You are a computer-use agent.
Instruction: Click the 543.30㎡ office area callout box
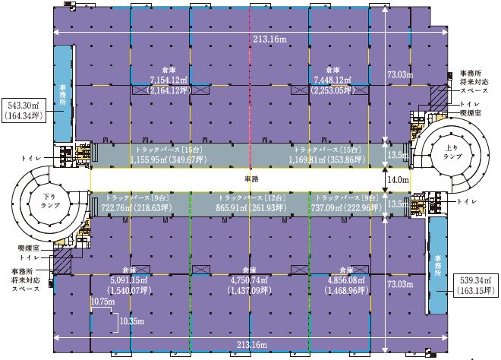pyautogui.click(x=23, y=110)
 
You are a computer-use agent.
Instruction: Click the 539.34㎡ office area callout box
pyautogui.click(x=476, y=286)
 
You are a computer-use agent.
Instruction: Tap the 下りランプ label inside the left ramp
pyautogui.click(x=51, y=201)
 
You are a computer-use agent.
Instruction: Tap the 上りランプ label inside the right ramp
pyautogui.click(x=452, y=152)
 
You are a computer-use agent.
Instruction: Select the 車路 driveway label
pyautogui.click(x=251, y=179)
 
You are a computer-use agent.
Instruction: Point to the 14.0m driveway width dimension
pyautogui.click(x=398, y=180)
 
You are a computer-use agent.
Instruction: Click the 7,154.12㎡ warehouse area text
pyautogui.click(x=169, y=80)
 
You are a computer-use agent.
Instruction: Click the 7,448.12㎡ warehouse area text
pyautogui.click(x=332, y=80)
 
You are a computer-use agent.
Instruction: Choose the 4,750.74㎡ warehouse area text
pyautogui.click(x=249, y=280)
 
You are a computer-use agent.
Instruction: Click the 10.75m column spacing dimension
pyautogui.click(x=103, y=302)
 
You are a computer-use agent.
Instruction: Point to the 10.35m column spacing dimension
pyautogui.click(x=131, y=321)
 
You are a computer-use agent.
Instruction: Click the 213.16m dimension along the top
pyautogui.click(x=269, y=39)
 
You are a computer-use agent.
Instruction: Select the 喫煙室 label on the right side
pyautogui.click(x=471, y=113)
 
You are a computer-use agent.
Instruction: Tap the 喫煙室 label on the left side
pyautogui.click(x=28, y=248)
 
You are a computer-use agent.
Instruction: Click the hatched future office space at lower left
pyautogui.click(x=62, y=261)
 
